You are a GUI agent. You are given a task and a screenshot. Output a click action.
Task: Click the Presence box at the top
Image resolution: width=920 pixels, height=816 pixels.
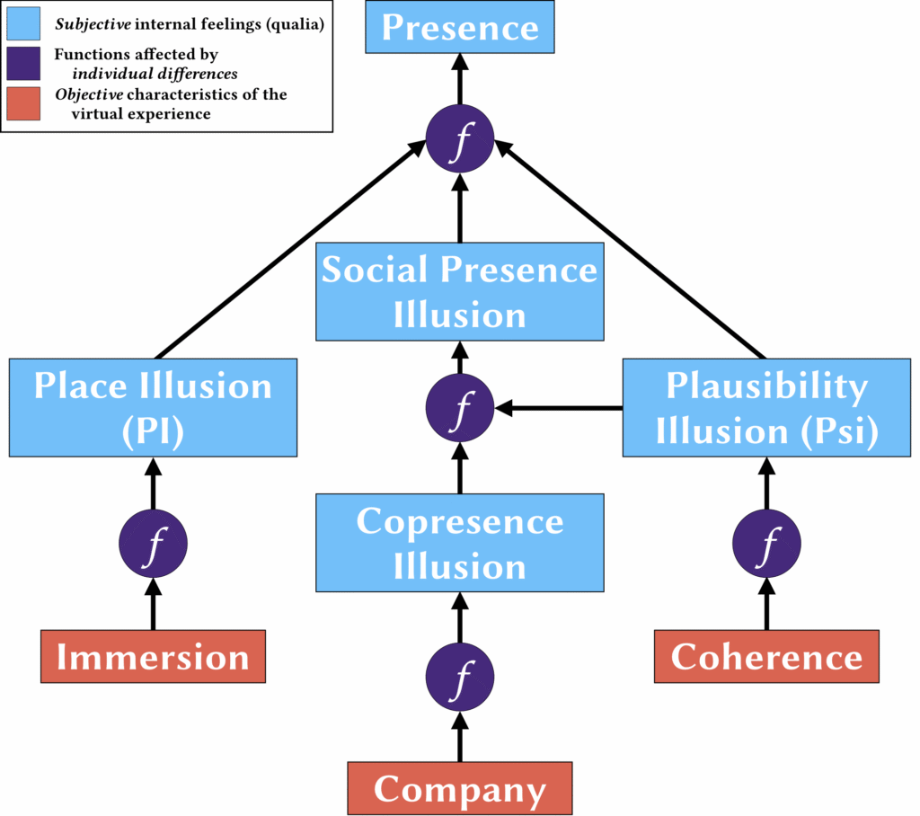[459, 27]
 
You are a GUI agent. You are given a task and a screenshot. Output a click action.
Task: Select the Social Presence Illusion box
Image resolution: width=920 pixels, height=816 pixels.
[459, 292]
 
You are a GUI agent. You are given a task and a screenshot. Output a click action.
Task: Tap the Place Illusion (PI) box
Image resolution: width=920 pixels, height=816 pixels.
[153, 407]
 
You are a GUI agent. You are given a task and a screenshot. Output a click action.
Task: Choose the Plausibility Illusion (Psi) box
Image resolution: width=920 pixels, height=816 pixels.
[766, 407]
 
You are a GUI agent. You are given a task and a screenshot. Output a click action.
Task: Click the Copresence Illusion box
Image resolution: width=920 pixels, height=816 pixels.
[459, 543]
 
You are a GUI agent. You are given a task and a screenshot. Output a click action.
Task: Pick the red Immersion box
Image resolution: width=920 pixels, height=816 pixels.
[153, 656]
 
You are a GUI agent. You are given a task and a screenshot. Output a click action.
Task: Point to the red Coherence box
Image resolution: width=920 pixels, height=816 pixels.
[766, 656]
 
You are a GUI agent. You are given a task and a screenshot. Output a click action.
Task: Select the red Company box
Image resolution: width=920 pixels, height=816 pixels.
[459, 788]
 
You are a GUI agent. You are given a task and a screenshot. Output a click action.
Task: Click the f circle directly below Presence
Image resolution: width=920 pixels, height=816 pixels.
[459, 138]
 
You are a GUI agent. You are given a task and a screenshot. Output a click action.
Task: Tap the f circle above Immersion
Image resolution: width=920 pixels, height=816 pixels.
[153, 544]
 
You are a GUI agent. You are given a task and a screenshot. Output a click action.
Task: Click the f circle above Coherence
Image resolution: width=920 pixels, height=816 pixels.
[766, 544]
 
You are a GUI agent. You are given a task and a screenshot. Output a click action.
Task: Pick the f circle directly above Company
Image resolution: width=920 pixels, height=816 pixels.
[459, 677]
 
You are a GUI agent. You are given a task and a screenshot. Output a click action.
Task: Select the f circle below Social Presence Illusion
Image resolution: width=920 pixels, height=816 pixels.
[459, 407]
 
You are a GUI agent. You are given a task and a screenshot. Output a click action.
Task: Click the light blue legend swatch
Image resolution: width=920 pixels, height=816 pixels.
[23, 23]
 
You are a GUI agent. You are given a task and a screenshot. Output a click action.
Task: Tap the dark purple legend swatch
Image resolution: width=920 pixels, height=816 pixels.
[23, 64]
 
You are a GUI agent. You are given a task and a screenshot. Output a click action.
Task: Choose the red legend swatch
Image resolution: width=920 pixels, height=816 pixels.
[23, 103]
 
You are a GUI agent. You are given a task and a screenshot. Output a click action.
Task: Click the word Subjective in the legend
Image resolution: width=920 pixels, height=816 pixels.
[93, 24]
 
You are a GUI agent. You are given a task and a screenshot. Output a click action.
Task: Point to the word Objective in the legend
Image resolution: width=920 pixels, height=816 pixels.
[89, 94]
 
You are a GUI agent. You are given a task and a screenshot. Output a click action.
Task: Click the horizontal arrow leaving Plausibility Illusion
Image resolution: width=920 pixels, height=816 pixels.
[559, 407]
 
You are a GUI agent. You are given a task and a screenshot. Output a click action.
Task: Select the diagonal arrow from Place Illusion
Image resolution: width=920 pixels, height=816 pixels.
[291, 249]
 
